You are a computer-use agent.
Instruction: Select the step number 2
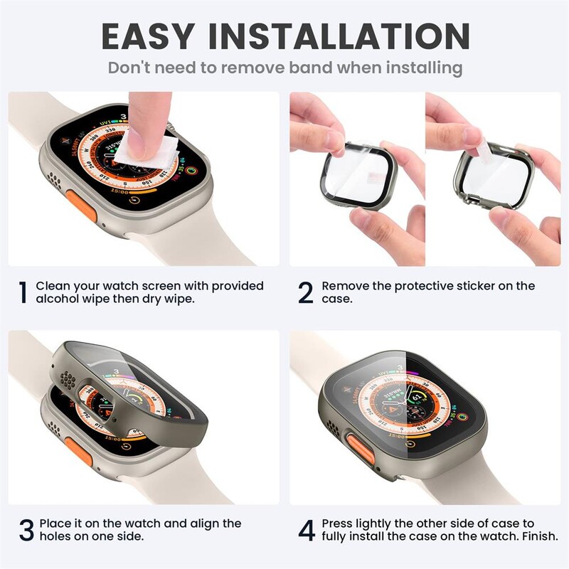pos(306,292)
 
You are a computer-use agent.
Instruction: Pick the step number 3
pos(25,530)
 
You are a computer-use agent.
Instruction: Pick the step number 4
pos(307,530)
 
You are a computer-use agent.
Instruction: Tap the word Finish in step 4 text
pos(538,536)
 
